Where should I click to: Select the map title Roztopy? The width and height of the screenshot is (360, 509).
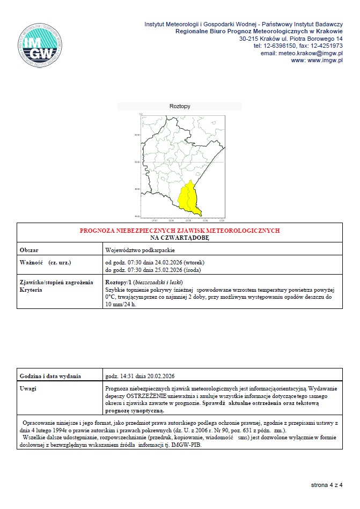[x=180, y=106]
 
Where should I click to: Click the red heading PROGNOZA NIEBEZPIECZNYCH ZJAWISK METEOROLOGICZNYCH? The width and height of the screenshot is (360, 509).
[x=180, y=231]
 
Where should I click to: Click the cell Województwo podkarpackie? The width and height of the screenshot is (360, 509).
[x=140, y=250]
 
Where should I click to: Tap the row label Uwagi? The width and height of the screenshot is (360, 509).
[x=28, y=388]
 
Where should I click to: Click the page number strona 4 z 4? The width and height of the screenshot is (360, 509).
[x=326, y=485]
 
